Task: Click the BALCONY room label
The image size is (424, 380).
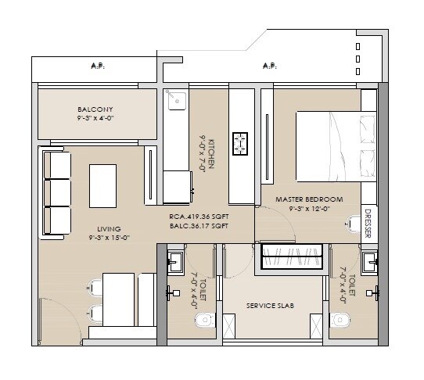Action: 95,109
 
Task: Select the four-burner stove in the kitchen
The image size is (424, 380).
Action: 241,143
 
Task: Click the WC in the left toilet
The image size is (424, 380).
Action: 205,319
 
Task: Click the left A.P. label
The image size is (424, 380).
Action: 98,66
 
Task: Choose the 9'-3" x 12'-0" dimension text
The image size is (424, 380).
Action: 310,209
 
